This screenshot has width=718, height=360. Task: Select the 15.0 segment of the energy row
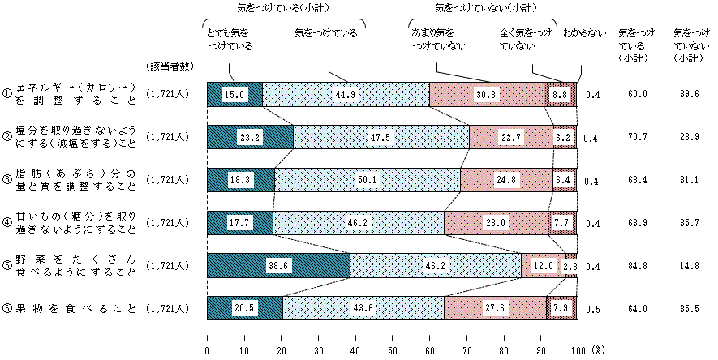click(x=235, y=94)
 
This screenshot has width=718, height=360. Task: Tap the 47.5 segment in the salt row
click(x=381, y=137)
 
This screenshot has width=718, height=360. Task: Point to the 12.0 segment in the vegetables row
click(x=543, y=265)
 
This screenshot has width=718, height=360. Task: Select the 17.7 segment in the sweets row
click(x=240, y=222)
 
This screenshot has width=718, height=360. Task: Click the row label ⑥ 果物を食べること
click(x=68, y=308)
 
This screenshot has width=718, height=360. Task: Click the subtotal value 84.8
click(x=636, y=265)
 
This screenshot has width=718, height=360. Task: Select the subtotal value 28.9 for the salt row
click(x=692, y=137)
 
